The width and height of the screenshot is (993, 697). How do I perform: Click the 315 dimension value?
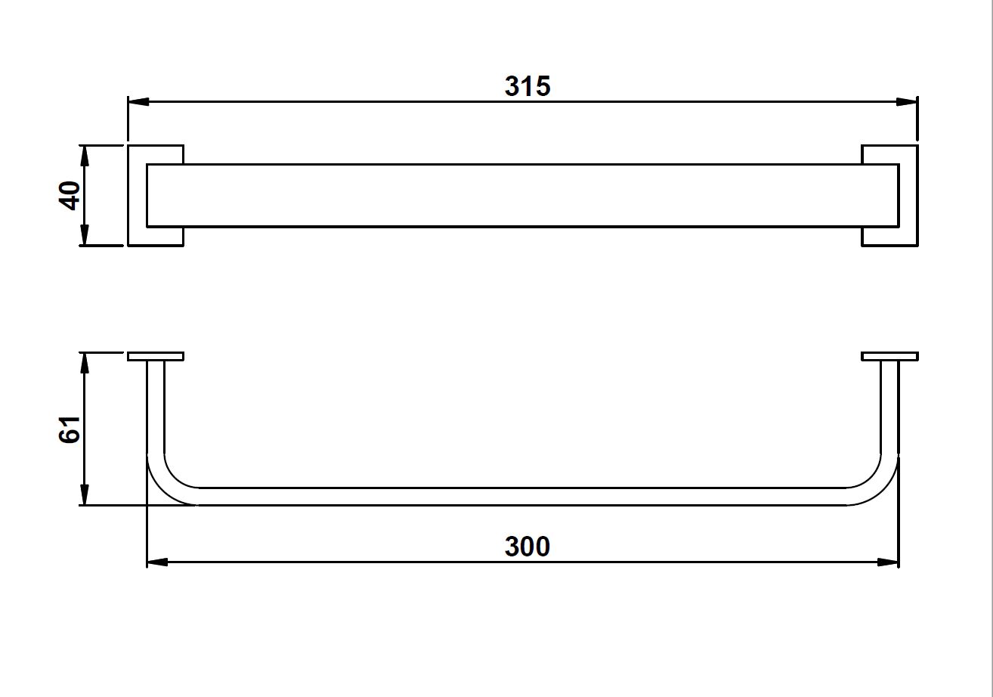point(527,86)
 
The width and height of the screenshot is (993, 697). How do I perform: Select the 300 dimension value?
point(527,546)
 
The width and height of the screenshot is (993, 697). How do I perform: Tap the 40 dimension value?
point(70,195)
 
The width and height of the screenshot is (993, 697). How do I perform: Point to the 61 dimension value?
point(70,429)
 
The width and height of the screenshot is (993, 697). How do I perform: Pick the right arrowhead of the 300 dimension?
point(889,562)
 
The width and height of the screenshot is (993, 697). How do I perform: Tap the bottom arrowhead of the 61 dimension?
point(85,495)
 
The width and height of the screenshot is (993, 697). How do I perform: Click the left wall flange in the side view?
point(156,356)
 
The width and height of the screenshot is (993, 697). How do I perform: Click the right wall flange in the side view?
point(890,356)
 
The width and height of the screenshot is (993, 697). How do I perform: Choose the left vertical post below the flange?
point(156,404)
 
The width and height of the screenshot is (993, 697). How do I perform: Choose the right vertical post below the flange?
point(890,404)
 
